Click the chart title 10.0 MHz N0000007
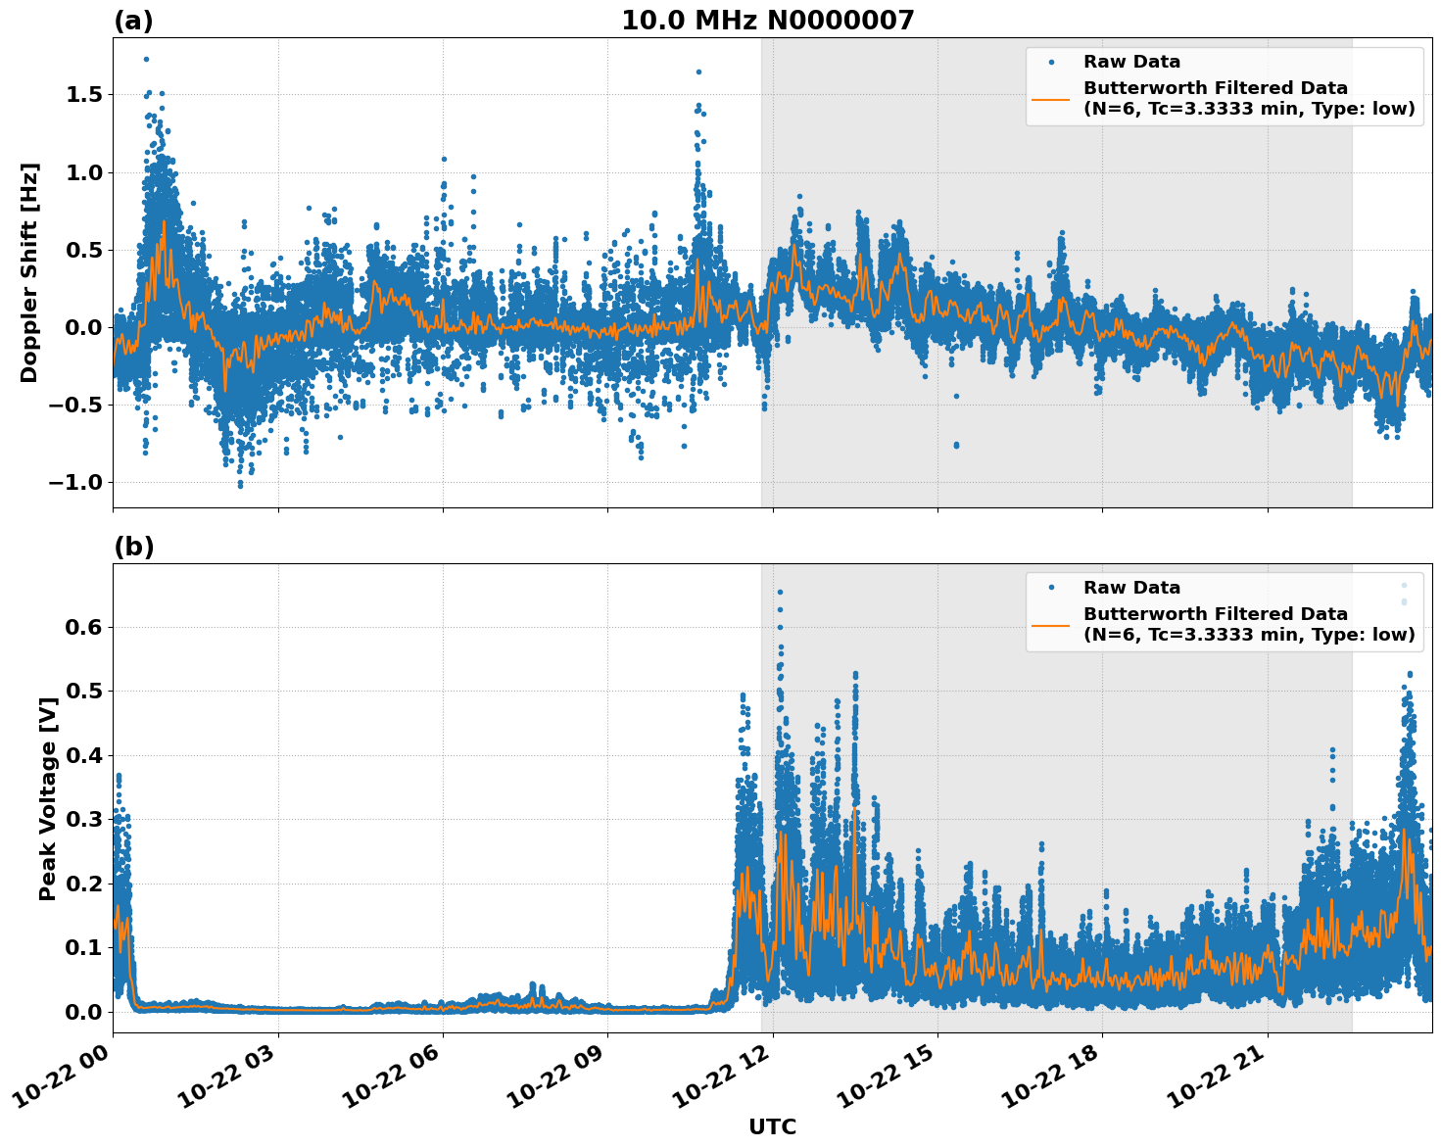[767, 21]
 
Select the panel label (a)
[133, 21]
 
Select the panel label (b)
[133, 547]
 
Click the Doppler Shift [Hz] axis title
[29, 272]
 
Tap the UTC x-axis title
[772, 1127]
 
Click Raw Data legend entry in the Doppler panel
[1131, 62]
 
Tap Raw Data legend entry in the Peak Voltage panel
[1131, 588]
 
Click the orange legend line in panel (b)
[1051, 624]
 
